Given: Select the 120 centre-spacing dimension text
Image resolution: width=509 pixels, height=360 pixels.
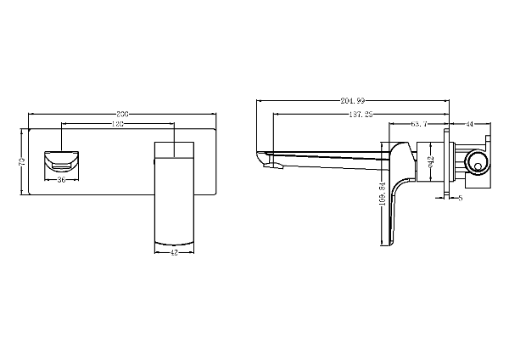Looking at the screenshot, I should point(119,124).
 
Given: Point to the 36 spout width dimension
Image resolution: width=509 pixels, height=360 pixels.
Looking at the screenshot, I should point(62,180).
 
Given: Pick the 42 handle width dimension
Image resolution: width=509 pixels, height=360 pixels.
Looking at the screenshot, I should point(174,252).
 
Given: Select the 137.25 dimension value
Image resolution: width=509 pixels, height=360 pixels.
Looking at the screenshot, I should point(361,114).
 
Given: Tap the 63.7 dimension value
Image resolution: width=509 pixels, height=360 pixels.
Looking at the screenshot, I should point(418,124).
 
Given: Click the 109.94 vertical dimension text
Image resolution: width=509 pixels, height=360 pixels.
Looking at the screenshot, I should point(383,194).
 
